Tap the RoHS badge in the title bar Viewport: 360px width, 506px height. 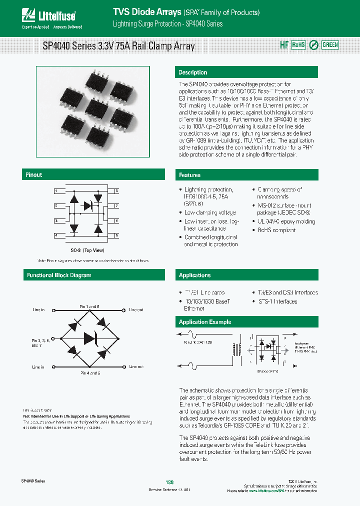point(298,45)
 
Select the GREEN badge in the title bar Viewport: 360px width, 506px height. point(329,45)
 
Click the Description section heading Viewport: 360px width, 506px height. point(193,72)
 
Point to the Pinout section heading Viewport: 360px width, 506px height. point(34,175)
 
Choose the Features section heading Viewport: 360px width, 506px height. point(190,175)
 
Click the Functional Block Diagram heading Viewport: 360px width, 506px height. point(59,275)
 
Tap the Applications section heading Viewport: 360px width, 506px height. point(195,275)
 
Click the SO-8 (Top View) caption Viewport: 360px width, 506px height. point(87,250)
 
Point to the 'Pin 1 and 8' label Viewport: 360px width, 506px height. point(90,305)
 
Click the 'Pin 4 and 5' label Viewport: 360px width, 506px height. point(90,373)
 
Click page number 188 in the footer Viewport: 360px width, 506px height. point(169,482)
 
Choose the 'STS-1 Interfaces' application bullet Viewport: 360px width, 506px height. point(278,301)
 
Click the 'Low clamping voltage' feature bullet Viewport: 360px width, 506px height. point(210,212)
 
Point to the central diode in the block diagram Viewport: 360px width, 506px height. point(90,338)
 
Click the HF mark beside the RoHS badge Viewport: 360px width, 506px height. point(283,45)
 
